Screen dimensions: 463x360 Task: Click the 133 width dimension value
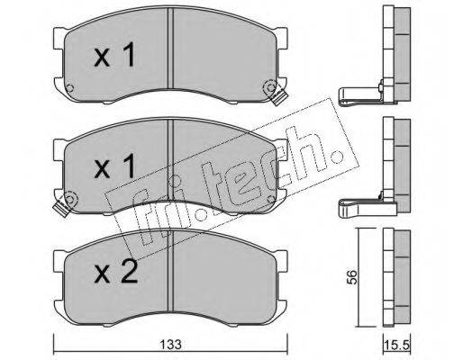tap(170, 345)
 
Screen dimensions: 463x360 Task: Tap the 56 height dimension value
tap(352, 277)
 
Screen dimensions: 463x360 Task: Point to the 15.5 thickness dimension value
tap(396, 346)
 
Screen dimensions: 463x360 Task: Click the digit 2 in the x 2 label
tap(129, 272)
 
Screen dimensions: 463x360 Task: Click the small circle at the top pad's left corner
tap(69, 88)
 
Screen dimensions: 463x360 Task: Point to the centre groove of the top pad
tap(170, 48)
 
